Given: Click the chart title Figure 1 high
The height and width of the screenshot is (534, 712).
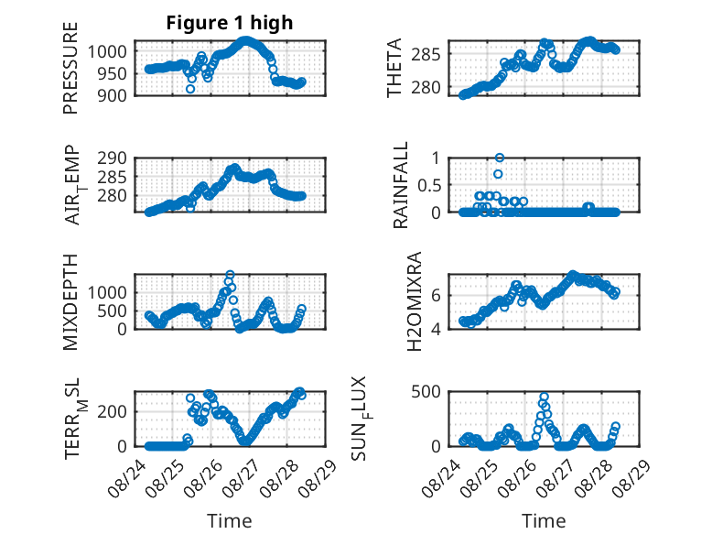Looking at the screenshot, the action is (230, 23).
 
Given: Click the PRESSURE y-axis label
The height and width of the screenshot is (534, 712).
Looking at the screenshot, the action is (70, 68).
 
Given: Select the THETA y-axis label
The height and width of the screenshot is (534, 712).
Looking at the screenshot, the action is (394, 68).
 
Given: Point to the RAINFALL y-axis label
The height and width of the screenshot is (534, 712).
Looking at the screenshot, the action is (401, 185).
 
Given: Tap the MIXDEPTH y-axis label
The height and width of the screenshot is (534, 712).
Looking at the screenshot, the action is (70, 302).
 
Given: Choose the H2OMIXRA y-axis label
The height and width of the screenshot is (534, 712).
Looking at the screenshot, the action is (415, 301).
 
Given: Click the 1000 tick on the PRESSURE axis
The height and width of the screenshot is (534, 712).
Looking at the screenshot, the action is (107, 52).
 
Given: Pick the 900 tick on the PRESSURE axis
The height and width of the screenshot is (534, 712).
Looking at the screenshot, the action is (113, 95).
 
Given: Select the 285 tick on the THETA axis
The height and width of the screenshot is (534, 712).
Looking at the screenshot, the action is (426, 55).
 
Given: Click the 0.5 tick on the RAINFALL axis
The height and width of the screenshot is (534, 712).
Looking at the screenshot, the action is (428, 185).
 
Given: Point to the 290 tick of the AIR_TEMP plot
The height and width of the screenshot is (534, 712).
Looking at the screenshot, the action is (113, 158).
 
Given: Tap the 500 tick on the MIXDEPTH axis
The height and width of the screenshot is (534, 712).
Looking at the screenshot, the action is (113, 311).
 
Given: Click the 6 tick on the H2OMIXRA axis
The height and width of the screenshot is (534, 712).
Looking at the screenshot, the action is (436, 296).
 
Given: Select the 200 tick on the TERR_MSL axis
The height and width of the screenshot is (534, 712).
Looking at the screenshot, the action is (113, 412).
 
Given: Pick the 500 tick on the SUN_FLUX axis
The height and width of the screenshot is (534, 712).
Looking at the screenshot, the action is (426, 392).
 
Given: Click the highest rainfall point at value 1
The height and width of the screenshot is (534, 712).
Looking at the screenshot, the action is (500, 158).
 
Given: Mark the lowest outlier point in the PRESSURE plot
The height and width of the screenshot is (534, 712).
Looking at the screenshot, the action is (190, 89).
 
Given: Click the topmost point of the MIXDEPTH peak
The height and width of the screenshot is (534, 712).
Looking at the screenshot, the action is (230, 275).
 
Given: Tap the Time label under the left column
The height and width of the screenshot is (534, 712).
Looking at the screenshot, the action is (230, 521).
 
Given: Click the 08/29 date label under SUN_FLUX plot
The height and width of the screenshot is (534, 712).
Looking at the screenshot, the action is (631, 478).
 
